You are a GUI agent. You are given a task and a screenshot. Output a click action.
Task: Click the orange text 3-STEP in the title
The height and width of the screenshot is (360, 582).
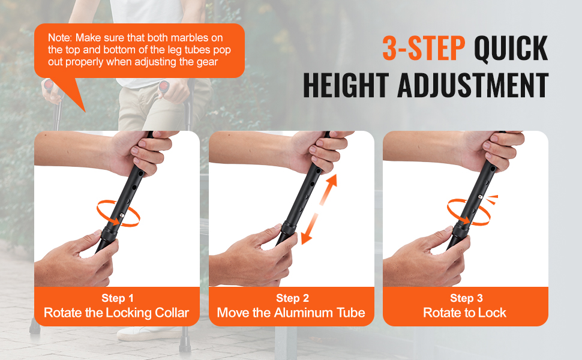point(424,48)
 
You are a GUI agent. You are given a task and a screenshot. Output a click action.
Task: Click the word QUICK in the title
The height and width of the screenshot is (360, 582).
point(511,48)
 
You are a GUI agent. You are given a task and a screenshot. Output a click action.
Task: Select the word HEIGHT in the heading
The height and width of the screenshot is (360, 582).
point(346,85)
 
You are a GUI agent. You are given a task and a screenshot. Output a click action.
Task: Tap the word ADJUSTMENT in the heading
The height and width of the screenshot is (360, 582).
point(473,85)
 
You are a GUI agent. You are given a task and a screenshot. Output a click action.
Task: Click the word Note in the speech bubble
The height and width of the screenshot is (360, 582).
point(60,38)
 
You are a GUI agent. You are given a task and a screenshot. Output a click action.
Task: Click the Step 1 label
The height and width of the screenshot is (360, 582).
point(117,298)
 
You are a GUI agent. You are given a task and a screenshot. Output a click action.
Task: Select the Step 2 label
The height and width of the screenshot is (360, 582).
point(292,298)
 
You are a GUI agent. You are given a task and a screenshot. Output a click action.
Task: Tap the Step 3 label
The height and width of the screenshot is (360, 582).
point(466,298)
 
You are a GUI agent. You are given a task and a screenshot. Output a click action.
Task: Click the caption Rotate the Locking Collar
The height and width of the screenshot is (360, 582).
point(116,313)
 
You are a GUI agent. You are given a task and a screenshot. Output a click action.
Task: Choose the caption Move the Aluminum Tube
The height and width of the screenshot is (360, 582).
point(291,313)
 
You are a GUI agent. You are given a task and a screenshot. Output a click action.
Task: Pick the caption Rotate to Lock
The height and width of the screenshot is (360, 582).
point(465,313)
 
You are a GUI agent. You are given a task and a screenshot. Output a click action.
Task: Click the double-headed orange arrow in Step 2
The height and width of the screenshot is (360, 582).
point(319,209)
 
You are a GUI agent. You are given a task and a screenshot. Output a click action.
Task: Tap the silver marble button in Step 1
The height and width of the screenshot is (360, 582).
point(122,214)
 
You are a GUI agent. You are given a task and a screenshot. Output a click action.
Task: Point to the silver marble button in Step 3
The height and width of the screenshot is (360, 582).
point(480,197)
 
